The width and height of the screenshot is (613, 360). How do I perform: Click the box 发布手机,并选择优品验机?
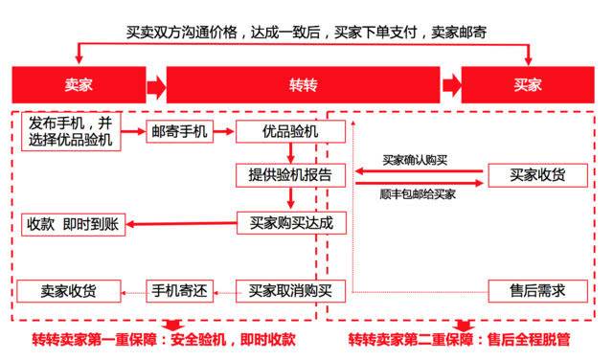tap(71, 132)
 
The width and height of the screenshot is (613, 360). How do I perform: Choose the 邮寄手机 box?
tap(179, 133)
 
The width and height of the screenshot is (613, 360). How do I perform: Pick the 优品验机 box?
tap(290, 133)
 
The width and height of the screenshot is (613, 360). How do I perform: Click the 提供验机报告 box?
tap(290, 175)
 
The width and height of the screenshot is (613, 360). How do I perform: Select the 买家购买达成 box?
tap(290, 224)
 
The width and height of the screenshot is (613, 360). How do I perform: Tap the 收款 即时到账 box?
tap(71, 224)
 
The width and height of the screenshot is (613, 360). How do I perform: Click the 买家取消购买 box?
tap(290, 290)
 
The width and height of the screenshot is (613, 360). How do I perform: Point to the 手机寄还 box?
tap(179, 290)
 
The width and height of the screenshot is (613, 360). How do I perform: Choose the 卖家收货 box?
tap(67, 290)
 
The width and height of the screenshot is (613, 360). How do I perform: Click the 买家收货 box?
tap(536, 175)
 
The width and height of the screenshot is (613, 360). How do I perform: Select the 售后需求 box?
tap(536, 290)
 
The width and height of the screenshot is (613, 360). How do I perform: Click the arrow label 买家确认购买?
tap(416, 160)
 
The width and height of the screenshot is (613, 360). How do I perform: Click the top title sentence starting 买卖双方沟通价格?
tap(306, 33)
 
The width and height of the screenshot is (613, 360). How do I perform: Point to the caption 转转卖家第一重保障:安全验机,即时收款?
tap(164, 340)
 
